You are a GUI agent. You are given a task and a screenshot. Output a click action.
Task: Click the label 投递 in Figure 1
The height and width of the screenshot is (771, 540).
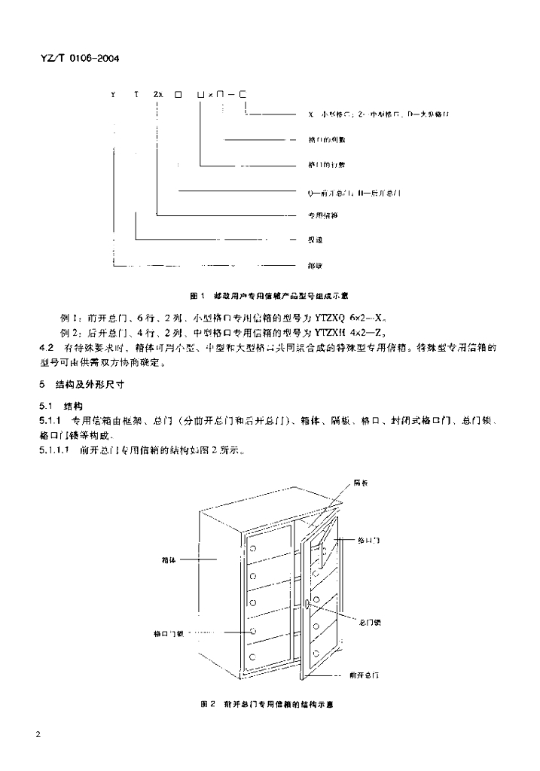[x=315, y=240]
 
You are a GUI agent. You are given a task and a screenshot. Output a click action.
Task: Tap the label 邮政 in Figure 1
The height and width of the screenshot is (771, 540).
[x=315, y=265]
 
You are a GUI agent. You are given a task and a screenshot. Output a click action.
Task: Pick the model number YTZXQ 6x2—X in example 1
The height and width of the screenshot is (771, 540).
[x=365, y=317]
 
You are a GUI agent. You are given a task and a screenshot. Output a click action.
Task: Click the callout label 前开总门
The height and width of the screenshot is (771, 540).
[x=365, y=675]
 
